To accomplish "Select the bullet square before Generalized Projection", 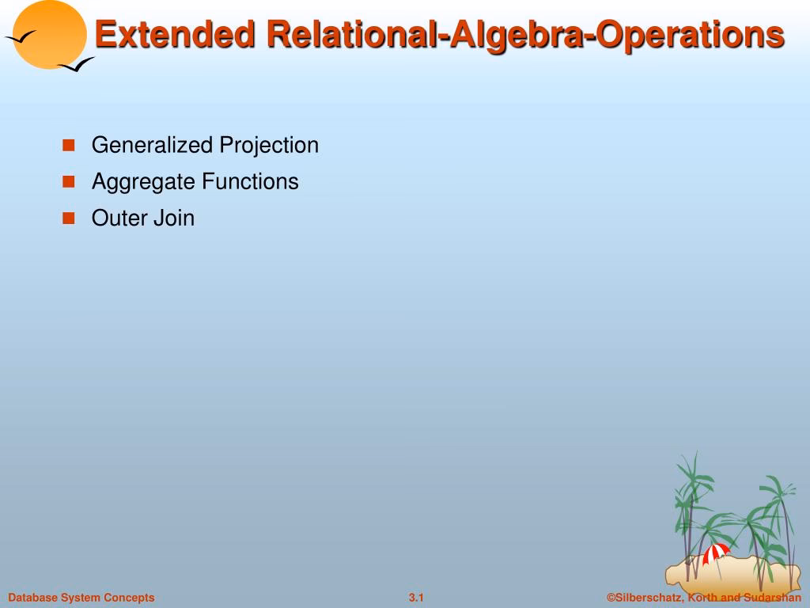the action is [69, 145].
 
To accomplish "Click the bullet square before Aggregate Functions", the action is [69, 181].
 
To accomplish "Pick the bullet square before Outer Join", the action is [69, 218].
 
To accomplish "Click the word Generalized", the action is [152, 145].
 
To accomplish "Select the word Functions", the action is [250, 181].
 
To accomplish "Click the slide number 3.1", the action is [416, 598].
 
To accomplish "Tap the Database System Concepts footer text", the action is [81, 598].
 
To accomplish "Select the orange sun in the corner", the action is [50, 34].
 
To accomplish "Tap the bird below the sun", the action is [76, 65].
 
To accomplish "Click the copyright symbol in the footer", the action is [611, 598].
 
